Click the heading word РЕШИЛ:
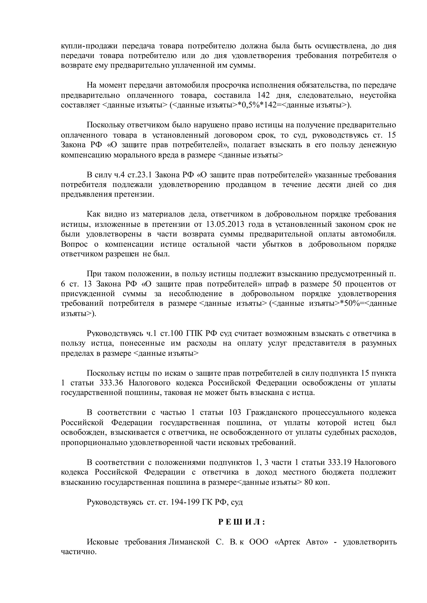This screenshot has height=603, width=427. pyautogui.click(x=241, y=522)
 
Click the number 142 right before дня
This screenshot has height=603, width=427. pyautogui.click(x=264, y=95)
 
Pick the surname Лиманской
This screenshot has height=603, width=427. pyautogui.click(x=189, y=542)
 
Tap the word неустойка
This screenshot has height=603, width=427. pyautogui.click(x=378, y=95)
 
